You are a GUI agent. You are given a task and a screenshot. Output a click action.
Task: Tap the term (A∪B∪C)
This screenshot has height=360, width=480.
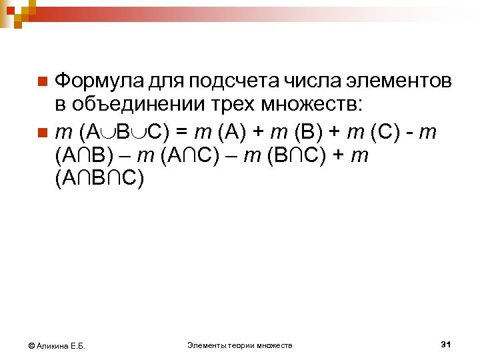127,131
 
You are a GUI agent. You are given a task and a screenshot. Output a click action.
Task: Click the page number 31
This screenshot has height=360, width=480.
447,344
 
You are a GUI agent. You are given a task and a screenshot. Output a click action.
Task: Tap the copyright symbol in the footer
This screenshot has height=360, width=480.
31,345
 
